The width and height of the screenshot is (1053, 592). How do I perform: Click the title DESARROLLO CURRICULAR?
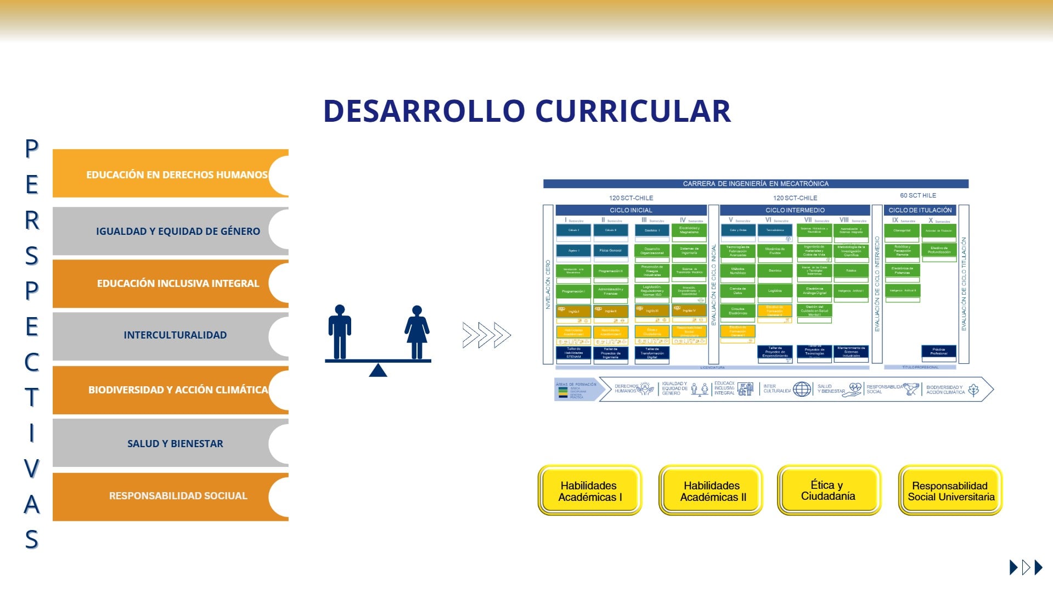527,111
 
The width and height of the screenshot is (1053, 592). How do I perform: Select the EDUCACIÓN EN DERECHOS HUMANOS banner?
170,174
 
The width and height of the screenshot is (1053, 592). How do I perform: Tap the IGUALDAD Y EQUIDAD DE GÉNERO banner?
170,231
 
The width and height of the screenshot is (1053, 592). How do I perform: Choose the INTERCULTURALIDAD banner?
170,335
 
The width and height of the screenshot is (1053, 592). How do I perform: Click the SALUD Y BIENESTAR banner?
170,443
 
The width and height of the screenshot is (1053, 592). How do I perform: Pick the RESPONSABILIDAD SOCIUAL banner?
170,496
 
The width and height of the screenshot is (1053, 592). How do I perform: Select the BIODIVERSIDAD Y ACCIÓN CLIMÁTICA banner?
170,390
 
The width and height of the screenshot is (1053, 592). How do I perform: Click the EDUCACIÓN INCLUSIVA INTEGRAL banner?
170,284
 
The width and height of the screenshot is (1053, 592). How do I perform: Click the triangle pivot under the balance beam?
378,371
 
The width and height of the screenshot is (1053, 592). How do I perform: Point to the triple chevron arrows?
486,335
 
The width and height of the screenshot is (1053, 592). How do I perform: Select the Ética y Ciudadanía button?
828,490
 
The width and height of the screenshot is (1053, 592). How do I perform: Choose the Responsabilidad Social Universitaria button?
950,491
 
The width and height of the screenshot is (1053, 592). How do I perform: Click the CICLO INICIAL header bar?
630,210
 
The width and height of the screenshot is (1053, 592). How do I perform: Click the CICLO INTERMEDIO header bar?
795,210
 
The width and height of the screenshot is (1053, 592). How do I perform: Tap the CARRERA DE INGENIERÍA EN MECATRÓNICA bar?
755,184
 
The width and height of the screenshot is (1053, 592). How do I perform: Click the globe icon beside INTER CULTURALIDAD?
802,390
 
